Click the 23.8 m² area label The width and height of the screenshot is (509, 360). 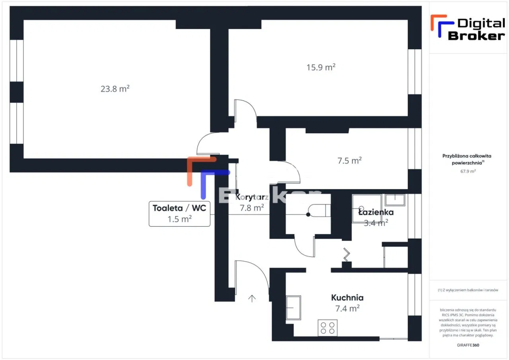coord(115,89)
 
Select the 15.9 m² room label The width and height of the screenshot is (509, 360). coord(321,67)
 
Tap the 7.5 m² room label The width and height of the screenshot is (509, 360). coord(349,161)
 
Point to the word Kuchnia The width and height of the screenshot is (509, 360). coord(347,298)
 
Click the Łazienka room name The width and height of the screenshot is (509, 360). coord(376,212)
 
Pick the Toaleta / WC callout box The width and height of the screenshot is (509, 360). coord(179,214)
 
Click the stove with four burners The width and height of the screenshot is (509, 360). coord(327,328)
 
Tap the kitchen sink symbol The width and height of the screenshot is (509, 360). coord(293,307)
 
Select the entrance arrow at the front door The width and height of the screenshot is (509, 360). coord(252,298)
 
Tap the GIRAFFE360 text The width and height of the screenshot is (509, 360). coord(468,345)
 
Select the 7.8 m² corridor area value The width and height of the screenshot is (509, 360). coord(252,208)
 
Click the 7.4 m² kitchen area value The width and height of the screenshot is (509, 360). coord(348,308)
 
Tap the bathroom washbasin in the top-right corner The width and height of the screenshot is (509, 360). coord(394,199)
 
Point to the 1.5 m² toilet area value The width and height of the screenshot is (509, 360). coord(179,219)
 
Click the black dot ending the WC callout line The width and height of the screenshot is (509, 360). coord(308,215)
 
